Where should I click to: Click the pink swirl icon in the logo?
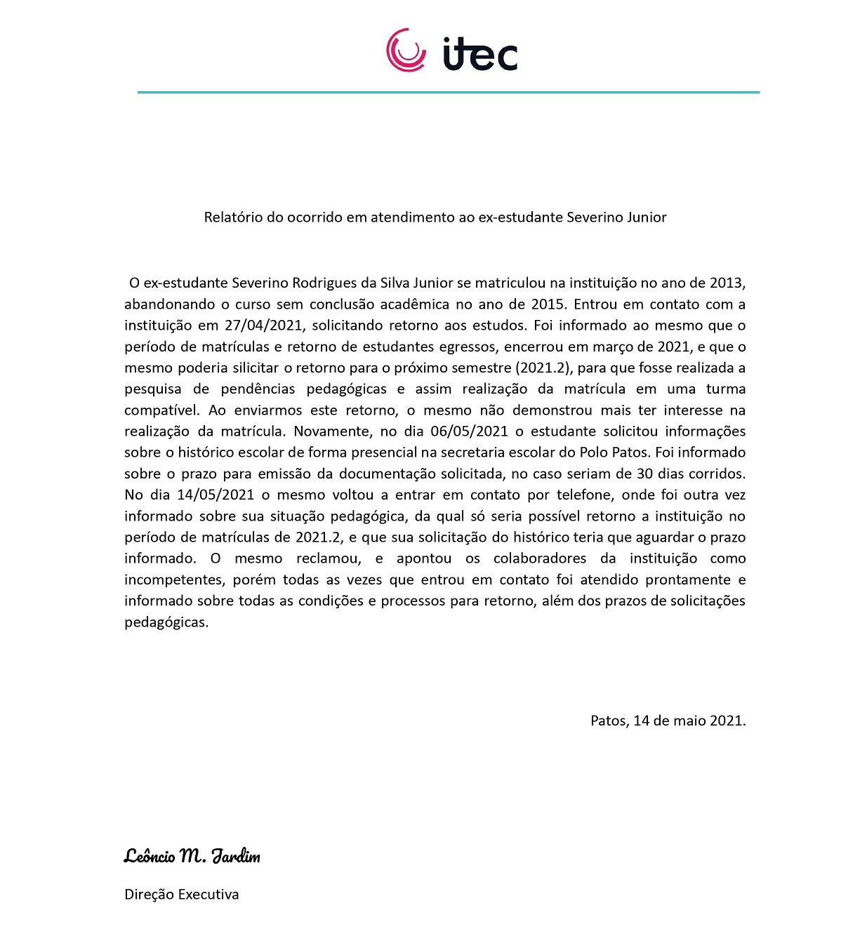[406, 51]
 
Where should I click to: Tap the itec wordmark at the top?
[480, 54]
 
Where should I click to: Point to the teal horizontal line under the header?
[448, 92]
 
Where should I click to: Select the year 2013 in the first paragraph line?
[726, 283]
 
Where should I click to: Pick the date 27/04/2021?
[264, 326]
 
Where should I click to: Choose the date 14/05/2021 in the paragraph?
[215, 495]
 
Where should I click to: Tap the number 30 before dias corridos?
[644, 474]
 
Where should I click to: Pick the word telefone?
[585, 495]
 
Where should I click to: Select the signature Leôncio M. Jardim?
[192, 856]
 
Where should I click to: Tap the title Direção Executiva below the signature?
[181, 895]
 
